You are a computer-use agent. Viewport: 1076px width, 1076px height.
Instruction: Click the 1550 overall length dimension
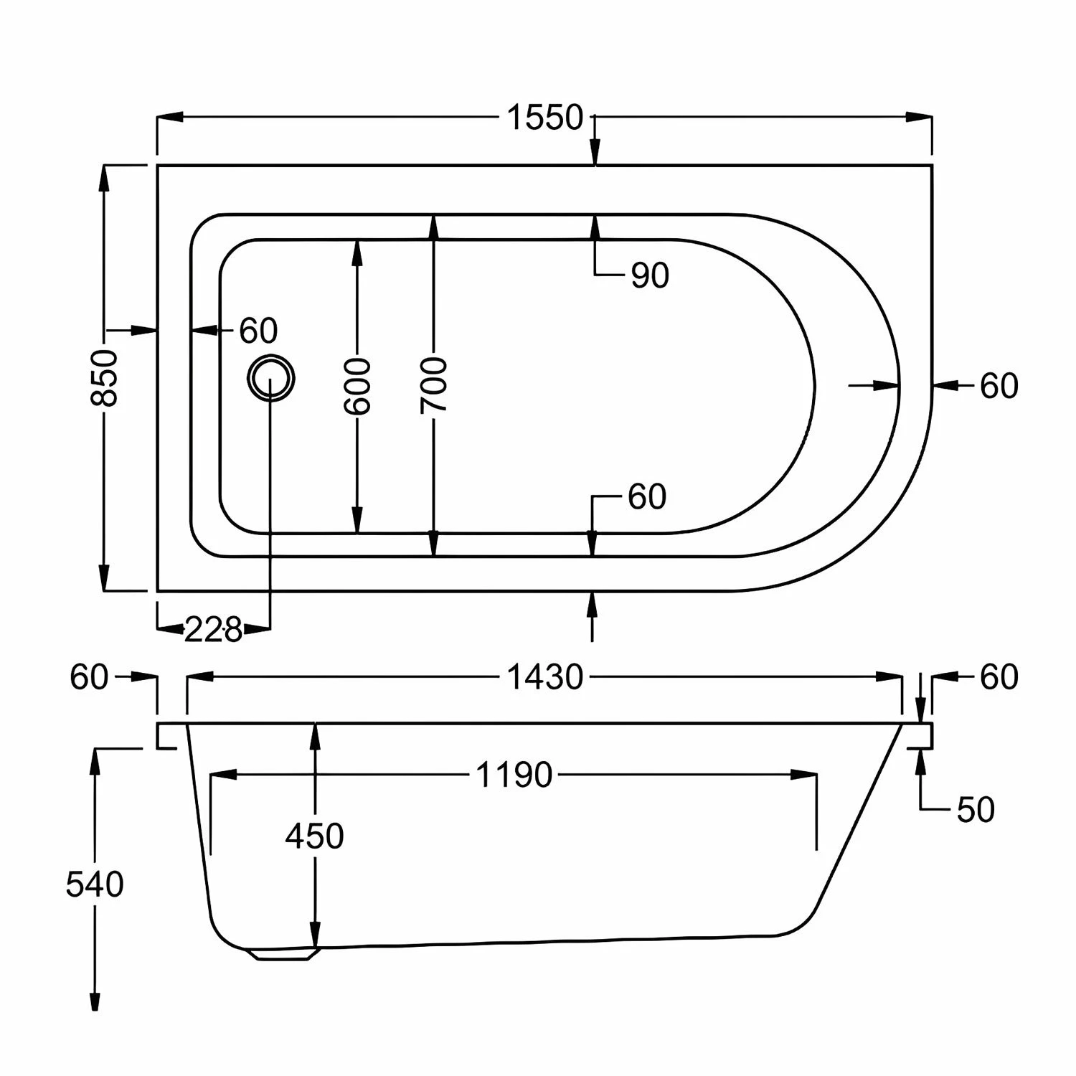(x=545, y=118)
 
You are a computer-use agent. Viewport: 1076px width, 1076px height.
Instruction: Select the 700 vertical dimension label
(x=433, y=385)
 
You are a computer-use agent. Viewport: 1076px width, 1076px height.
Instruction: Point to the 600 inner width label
(x=357, y=387)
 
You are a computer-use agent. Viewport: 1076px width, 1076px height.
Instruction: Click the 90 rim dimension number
(x=650, y=275)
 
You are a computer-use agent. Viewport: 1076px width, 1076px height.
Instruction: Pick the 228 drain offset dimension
(x=213, y=631)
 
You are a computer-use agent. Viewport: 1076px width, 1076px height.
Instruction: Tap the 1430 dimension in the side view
(x=545, y=677)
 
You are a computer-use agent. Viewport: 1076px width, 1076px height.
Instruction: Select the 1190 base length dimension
(x=514, y=775)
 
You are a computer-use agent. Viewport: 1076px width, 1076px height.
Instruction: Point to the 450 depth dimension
(x=314, y=836)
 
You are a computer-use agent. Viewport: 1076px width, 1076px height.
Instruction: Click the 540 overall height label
(x=95, y=884)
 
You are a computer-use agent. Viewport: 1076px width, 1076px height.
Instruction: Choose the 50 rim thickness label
(x=976, y=810)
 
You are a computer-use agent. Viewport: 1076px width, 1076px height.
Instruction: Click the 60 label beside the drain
(x=258, y=331)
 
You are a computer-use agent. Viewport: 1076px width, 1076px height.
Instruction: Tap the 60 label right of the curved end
(x=999, y=386)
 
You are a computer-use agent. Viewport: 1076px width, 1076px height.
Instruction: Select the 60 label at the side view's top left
(x=89, y=677)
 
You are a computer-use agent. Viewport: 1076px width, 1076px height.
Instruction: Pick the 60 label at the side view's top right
(x=999, y=677)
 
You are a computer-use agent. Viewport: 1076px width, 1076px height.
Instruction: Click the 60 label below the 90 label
(x=647, y=497)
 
